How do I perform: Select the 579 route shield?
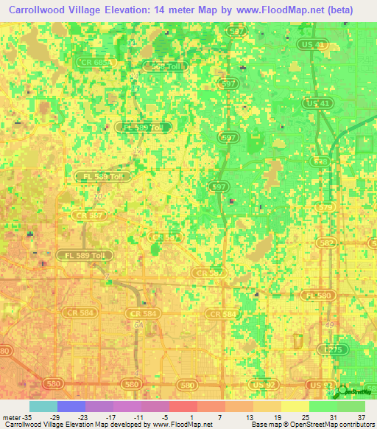pyautogui.click(x=325, y=207)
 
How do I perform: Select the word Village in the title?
pyautogui.click(x=102, y=10)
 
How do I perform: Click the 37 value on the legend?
pyautogui.click(x=360, y=417)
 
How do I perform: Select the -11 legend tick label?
pyautogui.click(x=138, y=417)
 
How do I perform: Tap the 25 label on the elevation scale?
pyautogui.click(x=304, y=417)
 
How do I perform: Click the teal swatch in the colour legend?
pyautogui.click(x=43, y=406)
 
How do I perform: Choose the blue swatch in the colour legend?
pyautogui.click(x=71, y=406)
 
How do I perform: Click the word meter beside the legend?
pyautogui.click(x=9, y=417)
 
